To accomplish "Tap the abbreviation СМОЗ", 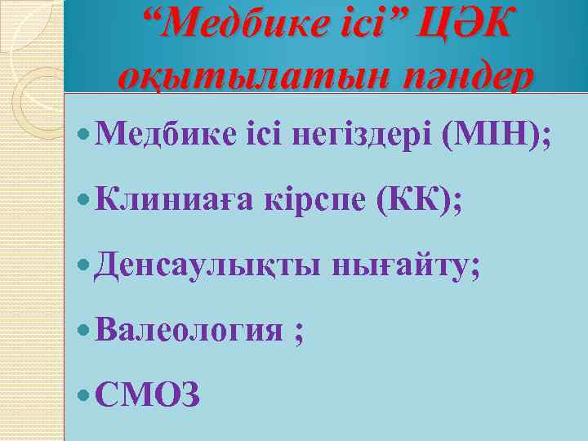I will [147, 395].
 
